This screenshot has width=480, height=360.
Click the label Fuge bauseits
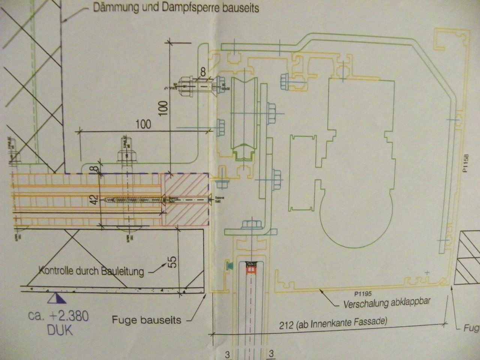(x=147, y=320)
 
